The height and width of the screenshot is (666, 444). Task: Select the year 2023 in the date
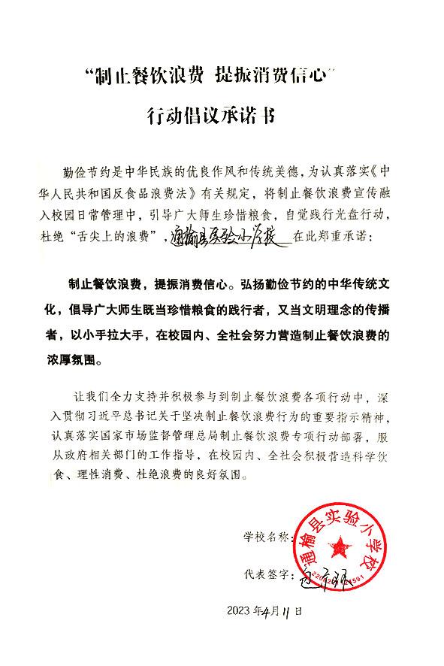click(x=240, y=611)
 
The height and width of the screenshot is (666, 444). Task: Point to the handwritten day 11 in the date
click(x=287, y=611)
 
